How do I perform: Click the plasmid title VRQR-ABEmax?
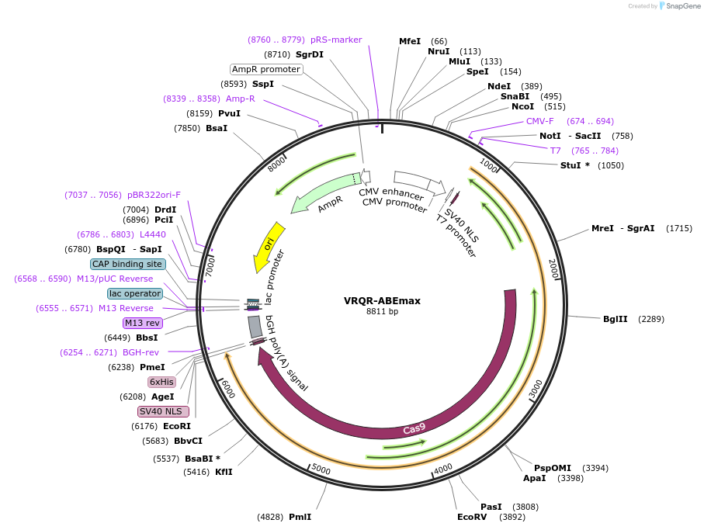click(x=382, y=301)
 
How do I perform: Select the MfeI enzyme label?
click(x=410, y=41)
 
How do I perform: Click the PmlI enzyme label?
click(x=300, y=517)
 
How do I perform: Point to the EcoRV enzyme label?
click(x=471, y=517)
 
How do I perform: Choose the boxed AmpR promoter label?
click(x=266, y=69)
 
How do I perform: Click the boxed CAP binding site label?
click(x=127, y=264)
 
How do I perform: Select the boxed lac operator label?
click(x=135, y=293)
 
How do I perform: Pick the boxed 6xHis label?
click(x=161, y=382)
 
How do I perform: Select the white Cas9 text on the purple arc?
click(x=414, y=428)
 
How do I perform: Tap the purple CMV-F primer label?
click(x=539, y=121)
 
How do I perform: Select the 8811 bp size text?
click(x=382, y=312)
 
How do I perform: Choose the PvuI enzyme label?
click(x=229, y=113)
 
